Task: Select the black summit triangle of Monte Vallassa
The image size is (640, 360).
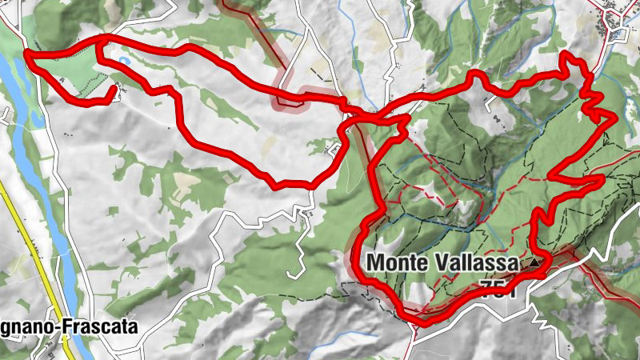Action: click(533, 262)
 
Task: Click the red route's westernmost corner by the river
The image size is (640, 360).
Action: click(26, 54)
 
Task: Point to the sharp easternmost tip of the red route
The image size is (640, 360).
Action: click(615, 118)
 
